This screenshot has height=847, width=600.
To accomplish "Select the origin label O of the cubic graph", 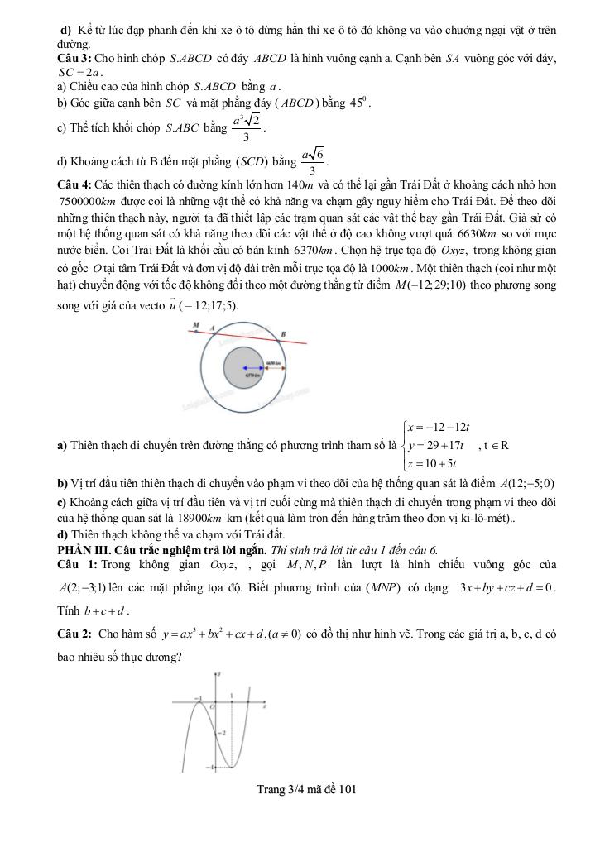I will (x=212, y=708).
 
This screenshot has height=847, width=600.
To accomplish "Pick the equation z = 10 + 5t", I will (x=431, y=463).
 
